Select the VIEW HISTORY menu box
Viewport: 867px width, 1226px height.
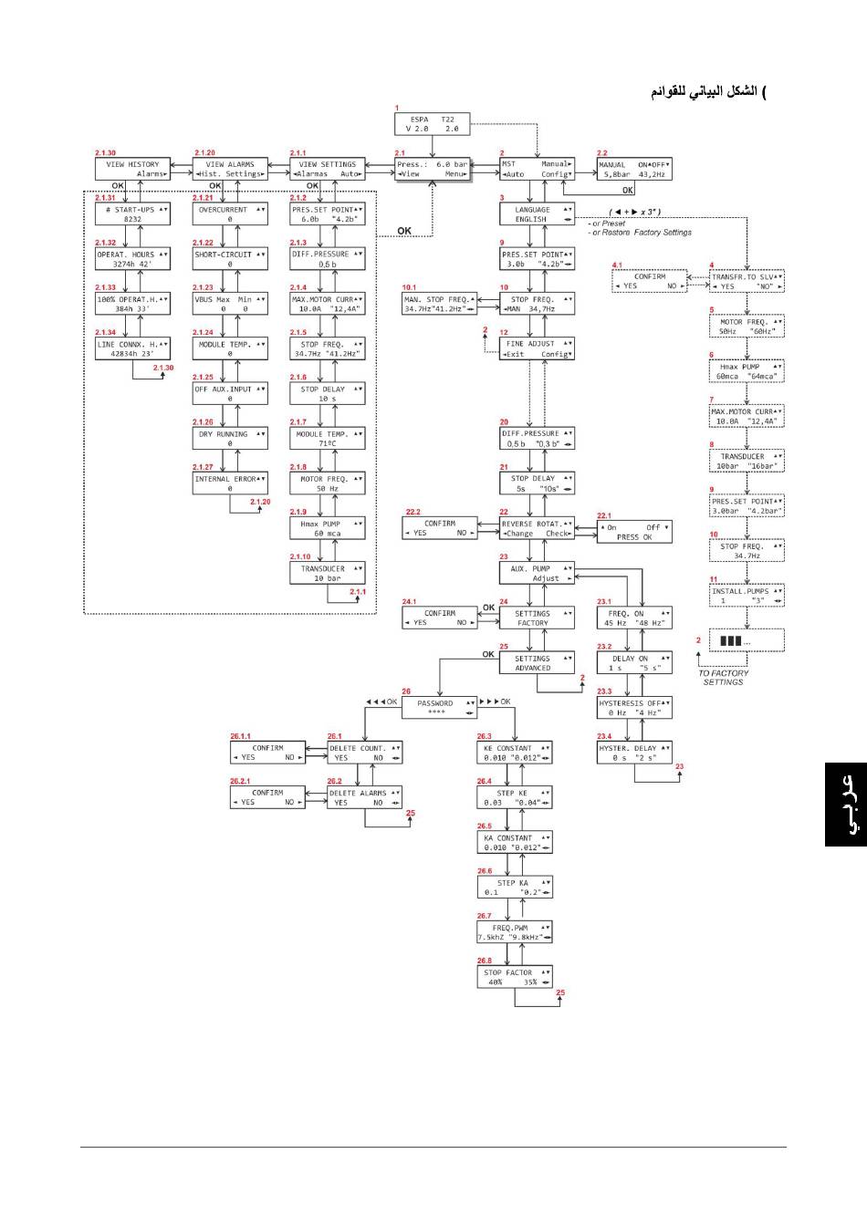pos(133,169)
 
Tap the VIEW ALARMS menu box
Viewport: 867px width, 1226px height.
pos(230,169)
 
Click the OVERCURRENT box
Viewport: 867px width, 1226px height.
pos(230,213)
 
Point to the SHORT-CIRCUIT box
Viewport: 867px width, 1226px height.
pos(230,258)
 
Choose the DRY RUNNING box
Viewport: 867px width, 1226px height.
pos(230,438)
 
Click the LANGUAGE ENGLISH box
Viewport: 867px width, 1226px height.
pos(537,213)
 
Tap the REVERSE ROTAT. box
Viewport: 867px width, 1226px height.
pos(537,528)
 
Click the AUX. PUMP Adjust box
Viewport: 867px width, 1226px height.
pos(537,573)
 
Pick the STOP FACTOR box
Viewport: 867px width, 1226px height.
pos(515,977)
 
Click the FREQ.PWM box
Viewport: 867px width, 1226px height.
pos(515,931)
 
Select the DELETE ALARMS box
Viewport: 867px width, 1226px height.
pos(365,797)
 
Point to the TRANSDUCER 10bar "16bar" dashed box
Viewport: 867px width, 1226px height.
pos(747,461)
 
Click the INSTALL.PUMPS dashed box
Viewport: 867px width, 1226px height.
pos(747,596)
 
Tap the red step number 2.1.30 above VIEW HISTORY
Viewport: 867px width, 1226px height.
pos(106,152)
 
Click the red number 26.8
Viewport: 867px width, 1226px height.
pos(484,961)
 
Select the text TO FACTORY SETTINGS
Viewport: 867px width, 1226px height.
pos(723,677)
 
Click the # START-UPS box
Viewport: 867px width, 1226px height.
pos(133,213)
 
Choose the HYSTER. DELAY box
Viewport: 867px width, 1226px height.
pos(634,753)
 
